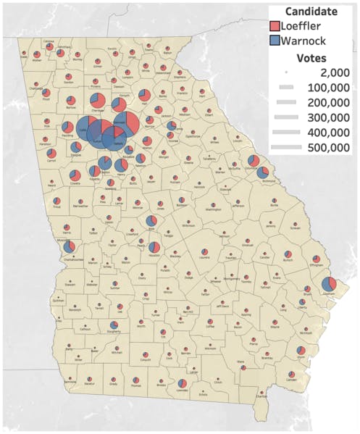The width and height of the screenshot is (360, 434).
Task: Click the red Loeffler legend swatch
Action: (275, 26)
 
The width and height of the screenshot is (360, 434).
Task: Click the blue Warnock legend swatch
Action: (275, 41)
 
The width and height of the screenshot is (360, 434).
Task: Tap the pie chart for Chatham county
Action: (327, 283)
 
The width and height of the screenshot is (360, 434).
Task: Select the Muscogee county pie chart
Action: (70, 248)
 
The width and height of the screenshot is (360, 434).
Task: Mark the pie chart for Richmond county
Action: (261, 172)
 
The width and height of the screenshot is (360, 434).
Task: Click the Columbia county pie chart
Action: (253, 161)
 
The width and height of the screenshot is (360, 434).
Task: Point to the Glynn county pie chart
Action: (301, 353)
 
